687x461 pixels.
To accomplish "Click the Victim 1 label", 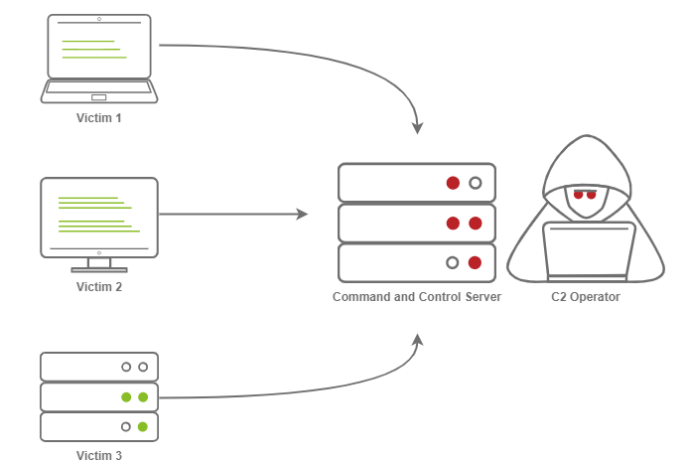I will tap(99, 118).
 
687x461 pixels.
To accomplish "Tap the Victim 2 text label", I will tap(99, 287).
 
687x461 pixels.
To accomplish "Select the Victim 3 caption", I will tap(99, 456).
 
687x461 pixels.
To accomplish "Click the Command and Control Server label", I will tap(417, 297).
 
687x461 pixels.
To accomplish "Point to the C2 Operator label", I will tap(586, 297).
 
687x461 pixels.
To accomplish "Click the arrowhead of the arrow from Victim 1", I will tap(418, 128).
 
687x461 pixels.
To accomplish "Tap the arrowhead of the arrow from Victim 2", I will tap(302, 214).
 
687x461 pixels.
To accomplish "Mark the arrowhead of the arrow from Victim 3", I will tap(418, 341).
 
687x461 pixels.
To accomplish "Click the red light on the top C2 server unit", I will tap(453, 183).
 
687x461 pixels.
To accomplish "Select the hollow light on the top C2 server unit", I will tap(475, 183).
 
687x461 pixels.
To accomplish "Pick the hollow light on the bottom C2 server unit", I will tap(453, 263).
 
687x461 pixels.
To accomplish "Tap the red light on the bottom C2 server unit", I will tap(475, 263).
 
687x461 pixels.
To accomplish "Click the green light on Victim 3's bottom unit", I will tap(143, 426).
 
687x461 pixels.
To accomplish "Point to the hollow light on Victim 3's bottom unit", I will tap(126, 426).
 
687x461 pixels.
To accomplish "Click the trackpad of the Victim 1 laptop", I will tap(99, 97).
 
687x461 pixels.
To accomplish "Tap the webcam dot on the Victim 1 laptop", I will tap(99, 20).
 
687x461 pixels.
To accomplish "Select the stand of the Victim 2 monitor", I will tap(99, 265).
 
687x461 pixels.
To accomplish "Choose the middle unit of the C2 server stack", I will tap(417, 223).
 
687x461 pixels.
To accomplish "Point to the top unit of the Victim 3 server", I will tap(99, 367).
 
